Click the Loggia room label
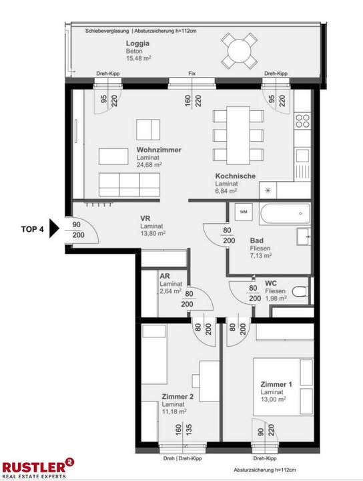137,44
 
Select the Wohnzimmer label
159,150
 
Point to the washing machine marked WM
242,212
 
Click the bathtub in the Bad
285,216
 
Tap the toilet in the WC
300,291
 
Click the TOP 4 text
33,229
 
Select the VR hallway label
145,218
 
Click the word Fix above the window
192,73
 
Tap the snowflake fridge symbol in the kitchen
268,190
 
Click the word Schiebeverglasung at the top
107,31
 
